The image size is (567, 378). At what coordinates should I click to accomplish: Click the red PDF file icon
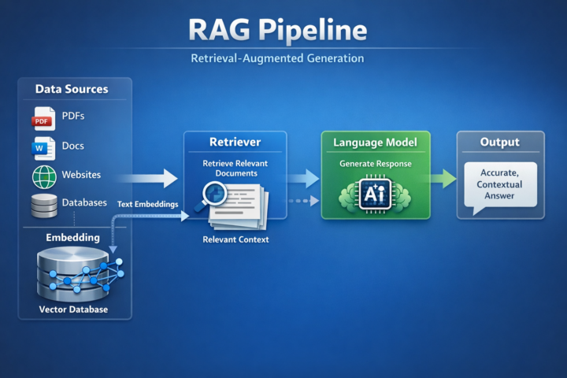(43, 118)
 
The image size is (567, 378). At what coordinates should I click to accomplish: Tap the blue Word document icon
(43, 147)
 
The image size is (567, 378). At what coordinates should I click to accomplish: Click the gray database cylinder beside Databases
(44, 205)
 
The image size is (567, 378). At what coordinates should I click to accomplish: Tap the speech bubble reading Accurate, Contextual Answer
(500, 187)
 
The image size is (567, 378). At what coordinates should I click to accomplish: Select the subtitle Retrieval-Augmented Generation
(277, 59)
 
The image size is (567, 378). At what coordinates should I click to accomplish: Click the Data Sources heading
(72, 89)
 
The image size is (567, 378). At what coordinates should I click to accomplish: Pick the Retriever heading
(235, 142)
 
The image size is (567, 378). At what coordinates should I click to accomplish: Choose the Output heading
(500, 143)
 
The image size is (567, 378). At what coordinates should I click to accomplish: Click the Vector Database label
(73, 309)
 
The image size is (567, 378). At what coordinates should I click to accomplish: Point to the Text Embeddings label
(147, 204)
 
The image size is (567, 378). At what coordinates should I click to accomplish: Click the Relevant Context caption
(235, 239)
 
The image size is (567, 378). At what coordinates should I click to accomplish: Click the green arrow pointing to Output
(443, 178)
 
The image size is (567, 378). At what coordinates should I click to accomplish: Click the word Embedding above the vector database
(72, 237)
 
